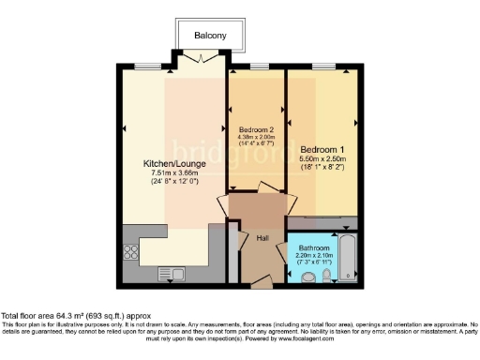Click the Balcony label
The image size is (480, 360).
(x=210, y=36)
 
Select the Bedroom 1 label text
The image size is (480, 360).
(x=322, y=149)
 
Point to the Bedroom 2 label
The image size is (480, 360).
(x=256, y=129)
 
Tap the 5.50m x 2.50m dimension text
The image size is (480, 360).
(x=322, y=161)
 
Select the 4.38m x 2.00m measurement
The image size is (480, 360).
(x=256, y=138)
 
